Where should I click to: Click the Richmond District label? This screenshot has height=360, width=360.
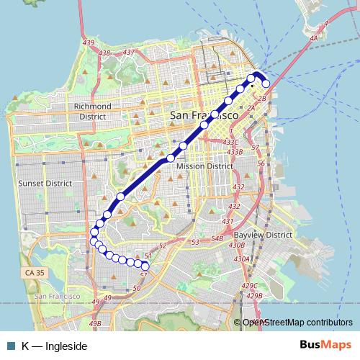point(93,111)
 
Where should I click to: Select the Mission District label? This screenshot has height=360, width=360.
point(204,166)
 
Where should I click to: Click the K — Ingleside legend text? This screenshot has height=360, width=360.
point(54,346)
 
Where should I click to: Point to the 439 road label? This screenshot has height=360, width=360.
point(89,44)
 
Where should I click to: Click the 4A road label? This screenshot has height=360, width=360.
point(312,39)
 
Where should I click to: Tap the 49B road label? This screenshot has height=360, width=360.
point(95,324)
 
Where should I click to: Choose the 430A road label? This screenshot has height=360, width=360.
point(241,258)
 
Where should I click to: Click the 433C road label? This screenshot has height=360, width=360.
point(230,143)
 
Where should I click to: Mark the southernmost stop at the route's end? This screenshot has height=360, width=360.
point(145,268)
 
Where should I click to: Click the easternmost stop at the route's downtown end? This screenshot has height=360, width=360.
point(266,84)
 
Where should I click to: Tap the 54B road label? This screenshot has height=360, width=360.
point(218,238)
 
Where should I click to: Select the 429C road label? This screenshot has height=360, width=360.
point(250,287)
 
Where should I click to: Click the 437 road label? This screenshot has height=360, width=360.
point(130,53)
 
